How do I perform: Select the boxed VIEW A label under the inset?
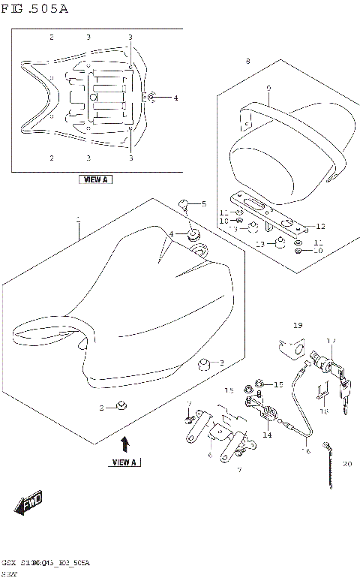(94, 180)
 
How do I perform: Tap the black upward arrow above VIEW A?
(124, 443)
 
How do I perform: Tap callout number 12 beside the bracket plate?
(320, 227)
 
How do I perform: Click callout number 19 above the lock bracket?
(297, 326)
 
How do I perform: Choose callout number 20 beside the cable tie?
(346, 464)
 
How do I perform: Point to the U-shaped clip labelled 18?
(322, 390)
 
